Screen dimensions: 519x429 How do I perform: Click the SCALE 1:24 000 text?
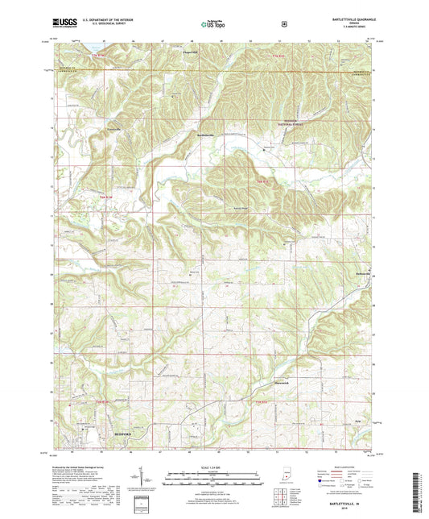(213, 467)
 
